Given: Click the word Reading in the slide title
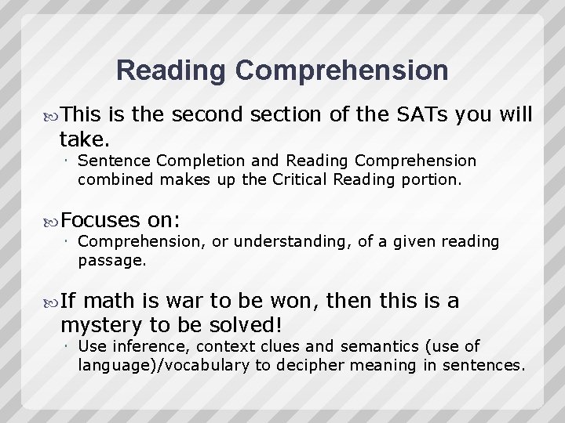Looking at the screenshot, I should click(x=169, y=70).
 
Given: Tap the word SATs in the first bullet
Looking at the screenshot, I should click(x=433, y=114).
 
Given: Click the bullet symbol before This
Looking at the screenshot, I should click(x=51, y=115).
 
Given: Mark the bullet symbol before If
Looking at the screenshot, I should click(x=51, y=302).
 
